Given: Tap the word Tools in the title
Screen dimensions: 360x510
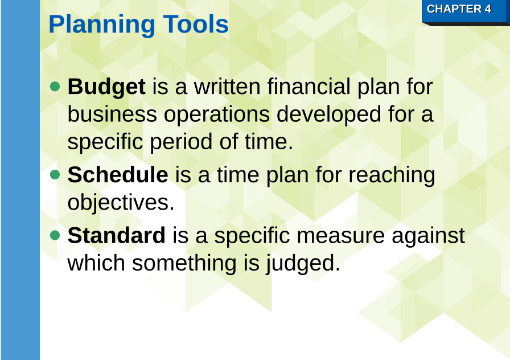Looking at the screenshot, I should [196, 24].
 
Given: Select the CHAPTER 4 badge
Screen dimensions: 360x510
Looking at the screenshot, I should [459, 9].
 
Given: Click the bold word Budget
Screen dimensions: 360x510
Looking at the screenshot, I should [106, 87].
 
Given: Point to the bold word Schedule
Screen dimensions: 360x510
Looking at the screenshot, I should [118, 175].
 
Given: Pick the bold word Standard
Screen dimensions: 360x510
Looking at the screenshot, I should [116, 235].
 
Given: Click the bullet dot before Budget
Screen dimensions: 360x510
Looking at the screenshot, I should [55, 87].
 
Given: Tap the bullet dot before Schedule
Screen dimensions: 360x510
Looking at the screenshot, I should [55, 174].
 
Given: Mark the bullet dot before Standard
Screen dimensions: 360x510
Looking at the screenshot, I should [55, 235].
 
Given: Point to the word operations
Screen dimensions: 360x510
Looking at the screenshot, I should [217, 115].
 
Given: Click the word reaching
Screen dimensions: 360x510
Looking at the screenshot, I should [392, 175].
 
